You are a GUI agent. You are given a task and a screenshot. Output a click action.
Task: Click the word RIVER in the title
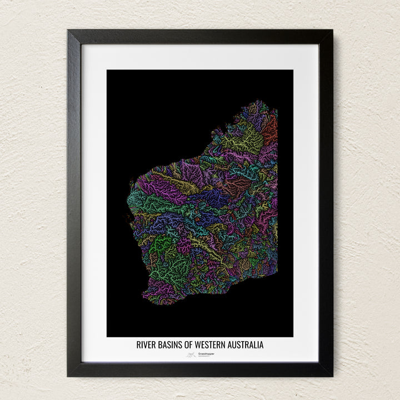(146, 345)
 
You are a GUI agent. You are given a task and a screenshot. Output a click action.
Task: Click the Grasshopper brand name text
(206, 354)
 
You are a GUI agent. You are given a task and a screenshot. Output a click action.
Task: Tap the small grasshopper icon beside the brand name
(192, 354)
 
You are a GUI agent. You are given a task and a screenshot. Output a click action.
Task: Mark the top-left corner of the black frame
(68, 31)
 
